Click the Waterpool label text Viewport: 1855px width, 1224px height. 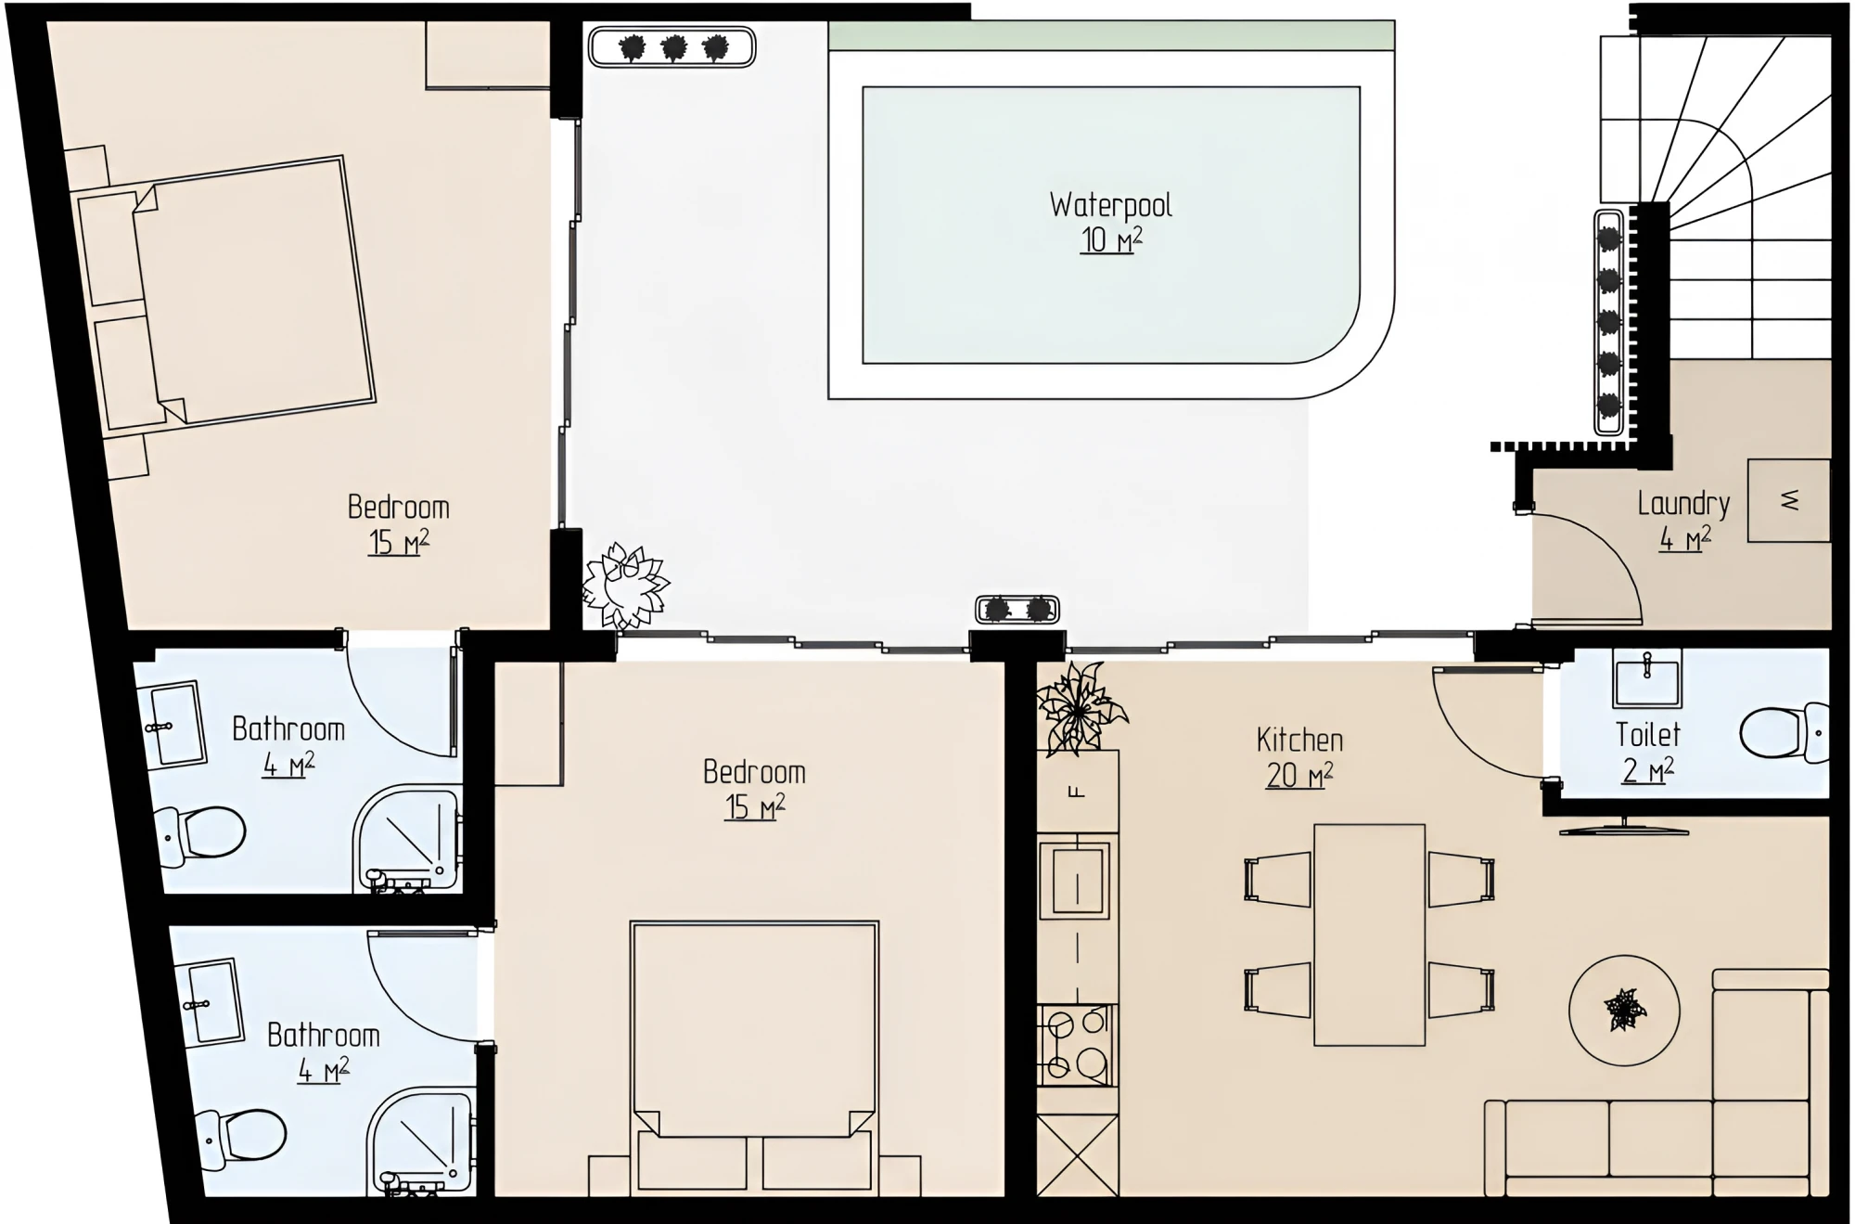[x=1110, y=205]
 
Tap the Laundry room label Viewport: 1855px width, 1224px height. [x=1683, y=504]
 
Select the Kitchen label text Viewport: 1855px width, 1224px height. [x=1299, y=740]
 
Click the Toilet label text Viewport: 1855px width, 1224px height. [x=1648, y=735]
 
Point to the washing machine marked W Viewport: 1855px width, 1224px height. [x=1789, y=500]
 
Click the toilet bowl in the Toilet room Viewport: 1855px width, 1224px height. [x=1784, y=733]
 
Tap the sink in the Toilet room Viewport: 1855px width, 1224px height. [x=1647, y=677]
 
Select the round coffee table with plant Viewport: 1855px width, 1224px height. [x=1623, y=1011]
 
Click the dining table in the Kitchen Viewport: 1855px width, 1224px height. [x=1369, y=934]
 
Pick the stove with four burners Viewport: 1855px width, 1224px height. [x=1077, y=1045]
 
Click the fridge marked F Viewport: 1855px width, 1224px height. [x=1077, y=791]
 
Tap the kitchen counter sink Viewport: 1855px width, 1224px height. [x=1077, y=879]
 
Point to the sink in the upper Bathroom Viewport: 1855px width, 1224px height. [x=174, y=726]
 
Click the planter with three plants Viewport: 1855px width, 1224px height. [x=672, y=47]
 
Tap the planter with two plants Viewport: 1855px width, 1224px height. [x=1017, y=610]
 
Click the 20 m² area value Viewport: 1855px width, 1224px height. [x=1299, y=775]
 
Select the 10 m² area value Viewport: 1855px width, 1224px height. [x=1111, y=239]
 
